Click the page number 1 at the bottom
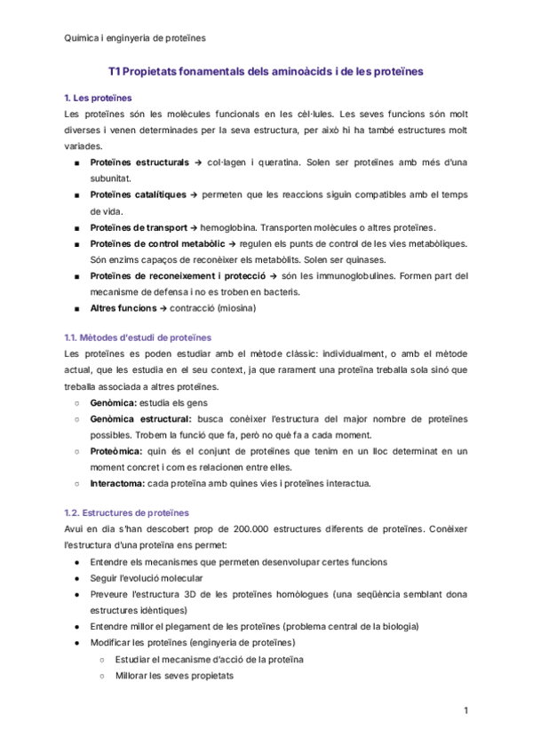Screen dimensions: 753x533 (x=465, y=711)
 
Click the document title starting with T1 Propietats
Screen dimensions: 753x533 (x=266, y=68)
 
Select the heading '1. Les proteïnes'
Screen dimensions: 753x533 (x=99, y=97)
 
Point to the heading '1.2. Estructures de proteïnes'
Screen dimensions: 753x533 (x=127, y=512)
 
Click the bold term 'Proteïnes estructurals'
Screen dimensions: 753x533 (x=139, y=163)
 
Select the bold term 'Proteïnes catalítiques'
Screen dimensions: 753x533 (x=138, y=194)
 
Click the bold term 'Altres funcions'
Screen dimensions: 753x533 (x=124, y=308)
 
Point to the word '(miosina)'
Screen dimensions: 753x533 (x=235, y=308)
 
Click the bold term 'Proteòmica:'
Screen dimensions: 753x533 (x=118, y=451)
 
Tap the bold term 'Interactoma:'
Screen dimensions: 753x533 (x=119, y=484)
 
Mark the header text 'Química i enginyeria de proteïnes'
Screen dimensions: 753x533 (x=136, y=37)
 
